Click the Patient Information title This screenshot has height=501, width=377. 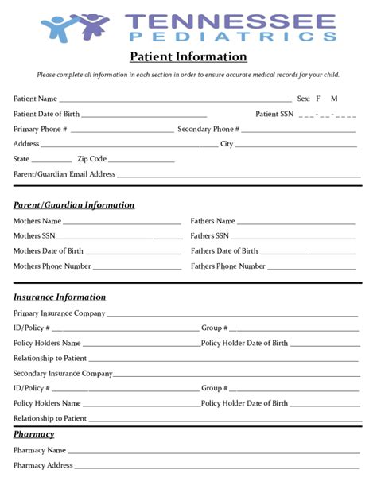coord(188,56)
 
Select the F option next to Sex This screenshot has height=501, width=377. coord(318,99)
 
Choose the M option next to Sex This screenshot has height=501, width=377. coord(334,99)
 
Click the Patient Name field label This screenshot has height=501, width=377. coord(35,99)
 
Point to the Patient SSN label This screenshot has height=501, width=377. coord(274,114)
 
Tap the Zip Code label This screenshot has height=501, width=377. coord(91,159)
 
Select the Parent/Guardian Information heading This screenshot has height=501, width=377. coord(74,205)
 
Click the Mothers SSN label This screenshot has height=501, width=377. coord(34,236)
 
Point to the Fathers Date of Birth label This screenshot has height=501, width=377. coord(224,251)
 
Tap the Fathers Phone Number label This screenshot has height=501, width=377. coord(228,266)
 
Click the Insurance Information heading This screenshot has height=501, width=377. coord(60,297)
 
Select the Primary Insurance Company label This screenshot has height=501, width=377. coord(59,313)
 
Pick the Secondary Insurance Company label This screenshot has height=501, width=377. coord(63,373)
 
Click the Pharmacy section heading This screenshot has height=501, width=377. coord(33,434)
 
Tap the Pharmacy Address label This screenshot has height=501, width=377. coord(43,465)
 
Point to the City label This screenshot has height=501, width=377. coord(227,144)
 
